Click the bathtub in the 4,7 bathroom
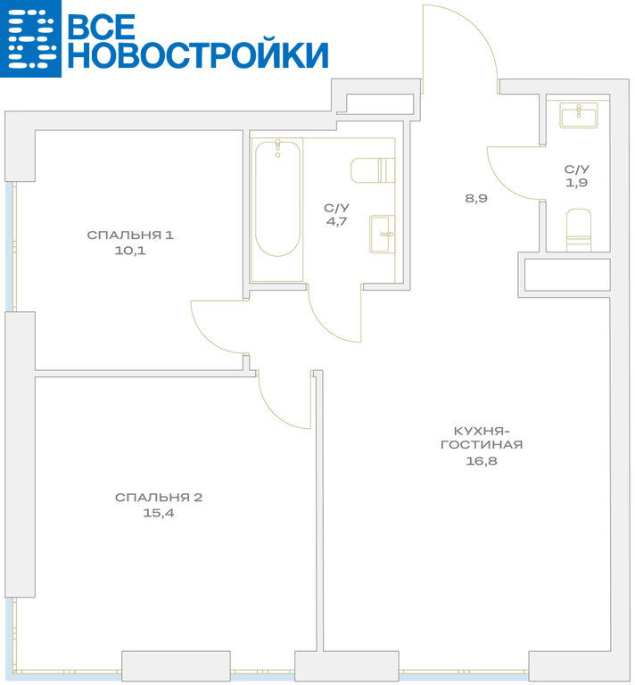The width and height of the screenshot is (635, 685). click(277, 198)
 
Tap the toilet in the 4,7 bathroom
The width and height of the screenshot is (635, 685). click(373, 170)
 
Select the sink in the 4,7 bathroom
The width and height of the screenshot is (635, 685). click(382, 235)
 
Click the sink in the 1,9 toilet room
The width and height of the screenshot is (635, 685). click(579, 115)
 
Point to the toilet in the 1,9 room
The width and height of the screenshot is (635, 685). click(578, 230)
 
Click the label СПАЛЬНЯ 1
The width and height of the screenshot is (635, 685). click(130, 235)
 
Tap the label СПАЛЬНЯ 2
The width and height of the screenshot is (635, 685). click(159, 497)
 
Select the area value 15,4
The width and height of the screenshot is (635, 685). click(159, 513)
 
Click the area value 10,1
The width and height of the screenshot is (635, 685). click(130, 251)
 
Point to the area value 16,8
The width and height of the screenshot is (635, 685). click(482, 460)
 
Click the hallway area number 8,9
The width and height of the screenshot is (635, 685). click(475, 198)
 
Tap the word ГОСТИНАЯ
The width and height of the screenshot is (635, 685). click(482, 445)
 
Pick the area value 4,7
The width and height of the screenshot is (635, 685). click(336, 221)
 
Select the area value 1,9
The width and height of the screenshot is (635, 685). click(576, 183)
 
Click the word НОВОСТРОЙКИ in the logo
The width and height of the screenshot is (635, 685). click(198, 54)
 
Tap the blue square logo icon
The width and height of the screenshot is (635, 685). click(30, 38)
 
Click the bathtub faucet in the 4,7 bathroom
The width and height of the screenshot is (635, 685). click(277, 148)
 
